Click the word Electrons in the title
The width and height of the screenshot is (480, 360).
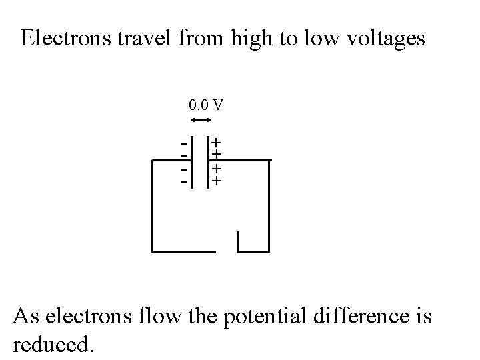coord(63,39)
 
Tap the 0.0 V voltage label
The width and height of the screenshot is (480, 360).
coord(206,105)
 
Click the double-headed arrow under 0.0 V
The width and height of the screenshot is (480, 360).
coord(201,120)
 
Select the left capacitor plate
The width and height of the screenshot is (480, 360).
coord(192,162)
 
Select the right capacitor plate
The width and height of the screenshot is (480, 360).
coord(207,162)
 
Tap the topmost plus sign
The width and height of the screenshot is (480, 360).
coord(217,143)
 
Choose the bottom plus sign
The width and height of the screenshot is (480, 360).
coord(217,181)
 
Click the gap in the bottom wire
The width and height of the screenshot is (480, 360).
coord(227,252)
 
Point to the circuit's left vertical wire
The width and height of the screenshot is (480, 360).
coord(153,207)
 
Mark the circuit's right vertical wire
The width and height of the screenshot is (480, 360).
coord(269,207)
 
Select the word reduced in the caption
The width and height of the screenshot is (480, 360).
coord(53,344)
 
